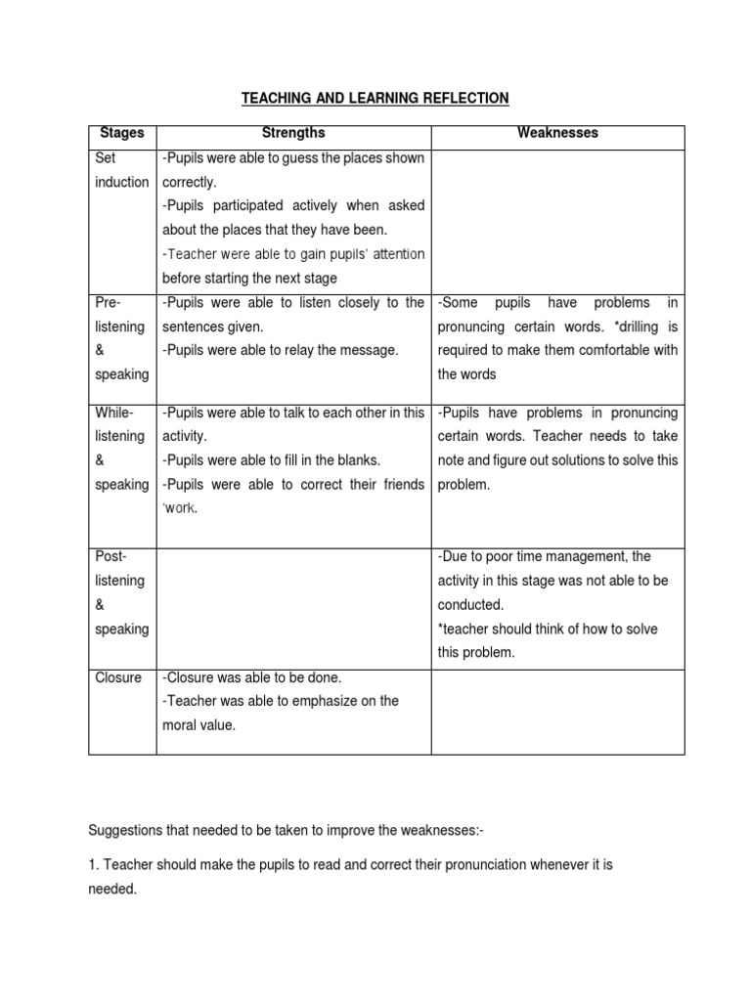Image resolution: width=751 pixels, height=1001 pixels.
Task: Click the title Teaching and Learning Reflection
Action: point(375,98)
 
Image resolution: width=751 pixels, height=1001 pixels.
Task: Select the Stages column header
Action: point(122,132)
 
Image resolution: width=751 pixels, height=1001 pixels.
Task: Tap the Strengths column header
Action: point(292,132)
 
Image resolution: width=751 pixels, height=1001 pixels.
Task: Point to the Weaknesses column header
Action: point(557,132)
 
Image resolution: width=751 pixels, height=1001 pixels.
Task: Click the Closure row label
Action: point(118,677)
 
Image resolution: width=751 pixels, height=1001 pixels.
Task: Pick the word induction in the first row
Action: point(122,182)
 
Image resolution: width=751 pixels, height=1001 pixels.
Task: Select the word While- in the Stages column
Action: point(114,413)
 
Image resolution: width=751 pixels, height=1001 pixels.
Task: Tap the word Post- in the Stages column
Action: point(111,556)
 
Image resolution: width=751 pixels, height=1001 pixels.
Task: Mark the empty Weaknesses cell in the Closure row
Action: point(557,711)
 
